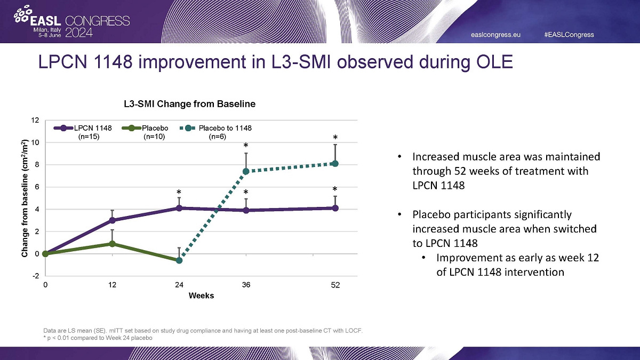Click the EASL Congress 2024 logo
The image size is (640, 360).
point(73,22)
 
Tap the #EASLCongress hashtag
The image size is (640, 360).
point(569,35)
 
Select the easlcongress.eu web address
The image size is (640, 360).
point(495,35)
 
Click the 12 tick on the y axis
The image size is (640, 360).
point(35,121)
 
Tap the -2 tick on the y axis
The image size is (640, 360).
point(35,276)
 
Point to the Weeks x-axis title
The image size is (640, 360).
point(201,295)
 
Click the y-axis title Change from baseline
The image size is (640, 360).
point(25,198)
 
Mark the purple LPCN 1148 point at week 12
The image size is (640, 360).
point(113,220)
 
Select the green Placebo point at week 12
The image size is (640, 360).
point(113,244)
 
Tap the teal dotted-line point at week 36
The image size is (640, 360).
point(246,171)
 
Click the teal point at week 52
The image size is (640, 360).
point(335,163)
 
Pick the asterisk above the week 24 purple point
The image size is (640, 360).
point(179,192)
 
